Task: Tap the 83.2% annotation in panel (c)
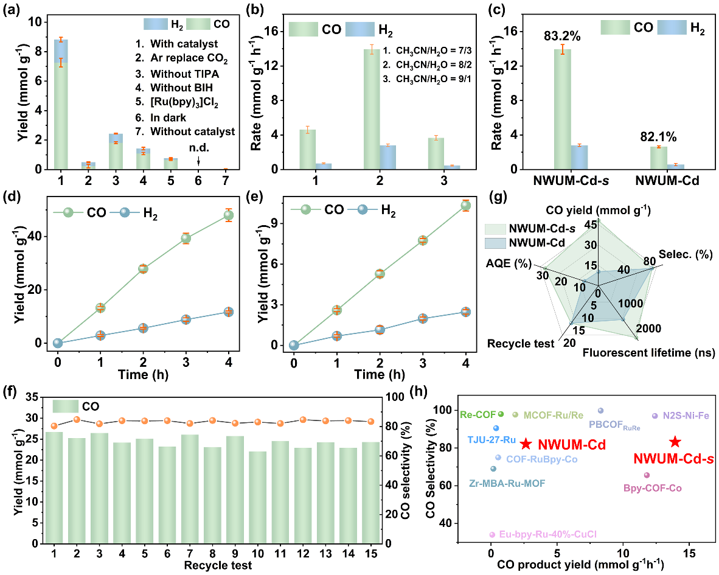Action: [x=562, y=36]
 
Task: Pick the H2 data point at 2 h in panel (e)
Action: [x=380, y=330]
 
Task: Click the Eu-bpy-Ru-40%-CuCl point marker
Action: [x=492, y=535]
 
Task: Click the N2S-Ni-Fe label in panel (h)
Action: [x=686, y=416]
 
